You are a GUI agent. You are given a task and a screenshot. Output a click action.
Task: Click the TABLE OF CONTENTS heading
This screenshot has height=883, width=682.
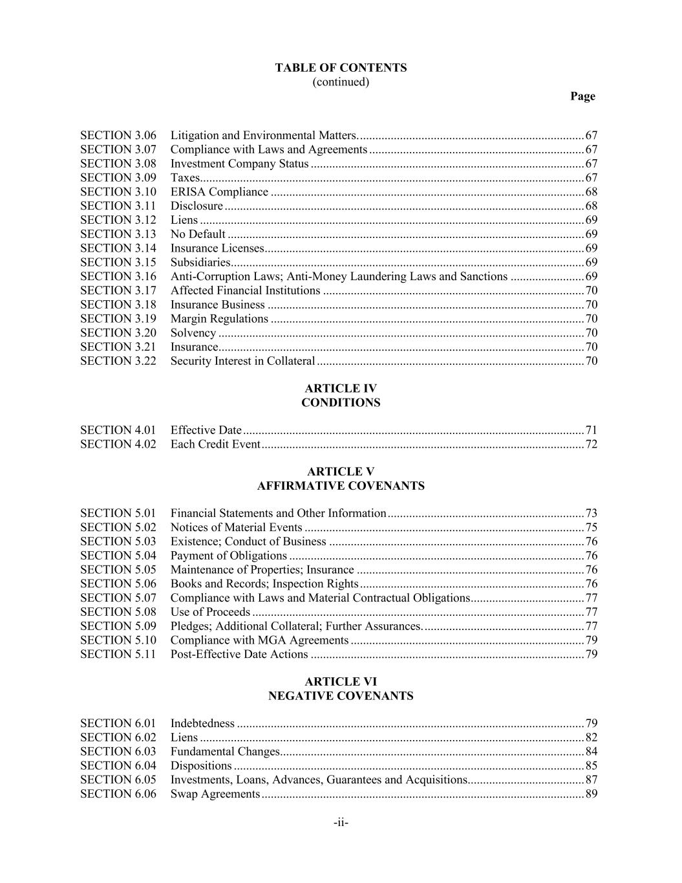341,68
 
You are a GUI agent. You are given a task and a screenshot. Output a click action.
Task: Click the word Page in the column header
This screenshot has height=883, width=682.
582,96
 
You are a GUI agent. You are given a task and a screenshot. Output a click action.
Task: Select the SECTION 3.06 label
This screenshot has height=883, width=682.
118,136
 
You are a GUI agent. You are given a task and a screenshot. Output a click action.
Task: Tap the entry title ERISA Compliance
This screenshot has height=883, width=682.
219,192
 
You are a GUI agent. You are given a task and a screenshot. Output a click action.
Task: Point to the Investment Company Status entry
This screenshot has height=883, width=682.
239,164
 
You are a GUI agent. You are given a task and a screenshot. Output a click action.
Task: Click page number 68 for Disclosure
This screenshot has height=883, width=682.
591,206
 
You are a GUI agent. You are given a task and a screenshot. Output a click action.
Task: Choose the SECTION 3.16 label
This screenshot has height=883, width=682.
118,277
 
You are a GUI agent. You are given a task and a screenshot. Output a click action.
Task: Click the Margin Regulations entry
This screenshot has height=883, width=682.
219,319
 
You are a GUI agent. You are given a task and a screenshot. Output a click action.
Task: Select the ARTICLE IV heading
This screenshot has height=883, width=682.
341,389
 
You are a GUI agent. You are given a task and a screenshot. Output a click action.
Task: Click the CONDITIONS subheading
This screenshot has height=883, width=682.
341,403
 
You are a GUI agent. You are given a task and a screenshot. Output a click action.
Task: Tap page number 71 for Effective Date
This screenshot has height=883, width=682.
591,431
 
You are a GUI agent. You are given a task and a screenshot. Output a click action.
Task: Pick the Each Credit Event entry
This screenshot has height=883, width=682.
215,444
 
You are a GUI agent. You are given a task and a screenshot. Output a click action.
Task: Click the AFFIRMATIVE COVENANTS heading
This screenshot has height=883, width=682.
341,486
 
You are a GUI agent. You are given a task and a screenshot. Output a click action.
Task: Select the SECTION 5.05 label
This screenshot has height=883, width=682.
118,570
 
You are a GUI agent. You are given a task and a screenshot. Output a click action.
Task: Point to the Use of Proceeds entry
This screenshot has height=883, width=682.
210,613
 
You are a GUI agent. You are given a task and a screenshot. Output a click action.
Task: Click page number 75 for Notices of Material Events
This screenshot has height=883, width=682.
591,528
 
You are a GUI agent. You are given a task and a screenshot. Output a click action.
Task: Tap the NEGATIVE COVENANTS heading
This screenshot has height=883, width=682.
341,697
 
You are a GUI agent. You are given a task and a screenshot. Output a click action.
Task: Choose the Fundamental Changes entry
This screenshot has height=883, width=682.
225,752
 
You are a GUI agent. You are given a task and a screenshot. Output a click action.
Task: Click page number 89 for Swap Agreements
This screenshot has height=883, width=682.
591,794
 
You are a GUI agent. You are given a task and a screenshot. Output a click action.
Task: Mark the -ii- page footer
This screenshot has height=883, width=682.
341,823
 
